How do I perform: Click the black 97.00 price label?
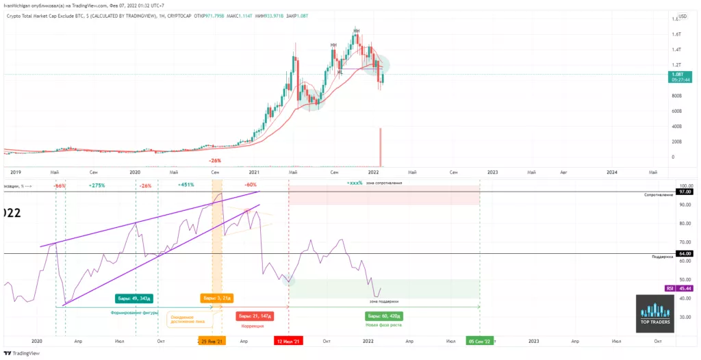[x=685, y=192]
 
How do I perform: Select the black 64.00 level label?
[x=685, y=253]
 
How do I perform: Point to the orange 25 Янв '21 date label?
[x=212, y=340]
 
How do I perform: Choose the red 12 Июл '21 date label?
[x=289, y=340]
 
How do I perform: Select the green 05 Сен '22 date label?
[x=479, y=340]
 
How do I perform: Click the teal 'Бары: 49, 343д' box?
[x=137, y=298]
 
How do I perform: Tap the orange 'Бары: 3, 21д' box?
[x=217, y=298]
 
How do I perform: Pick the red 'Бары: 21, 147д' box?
[x=255, y=316]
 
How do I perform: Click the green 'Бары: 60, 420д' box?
[x=383, y=316]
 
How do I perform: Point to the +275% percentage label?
[x=97, y=185]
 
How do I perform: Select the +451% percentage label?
[x=187, y=185]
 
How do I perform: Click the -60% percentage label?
[x=250, y=185]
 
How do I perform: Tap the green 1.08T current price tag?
[x=679, y=74]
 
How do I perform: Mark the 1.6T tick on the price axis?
[x=676, y=34]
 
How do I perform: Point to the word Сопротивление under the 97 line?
[x=657, y=196]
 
